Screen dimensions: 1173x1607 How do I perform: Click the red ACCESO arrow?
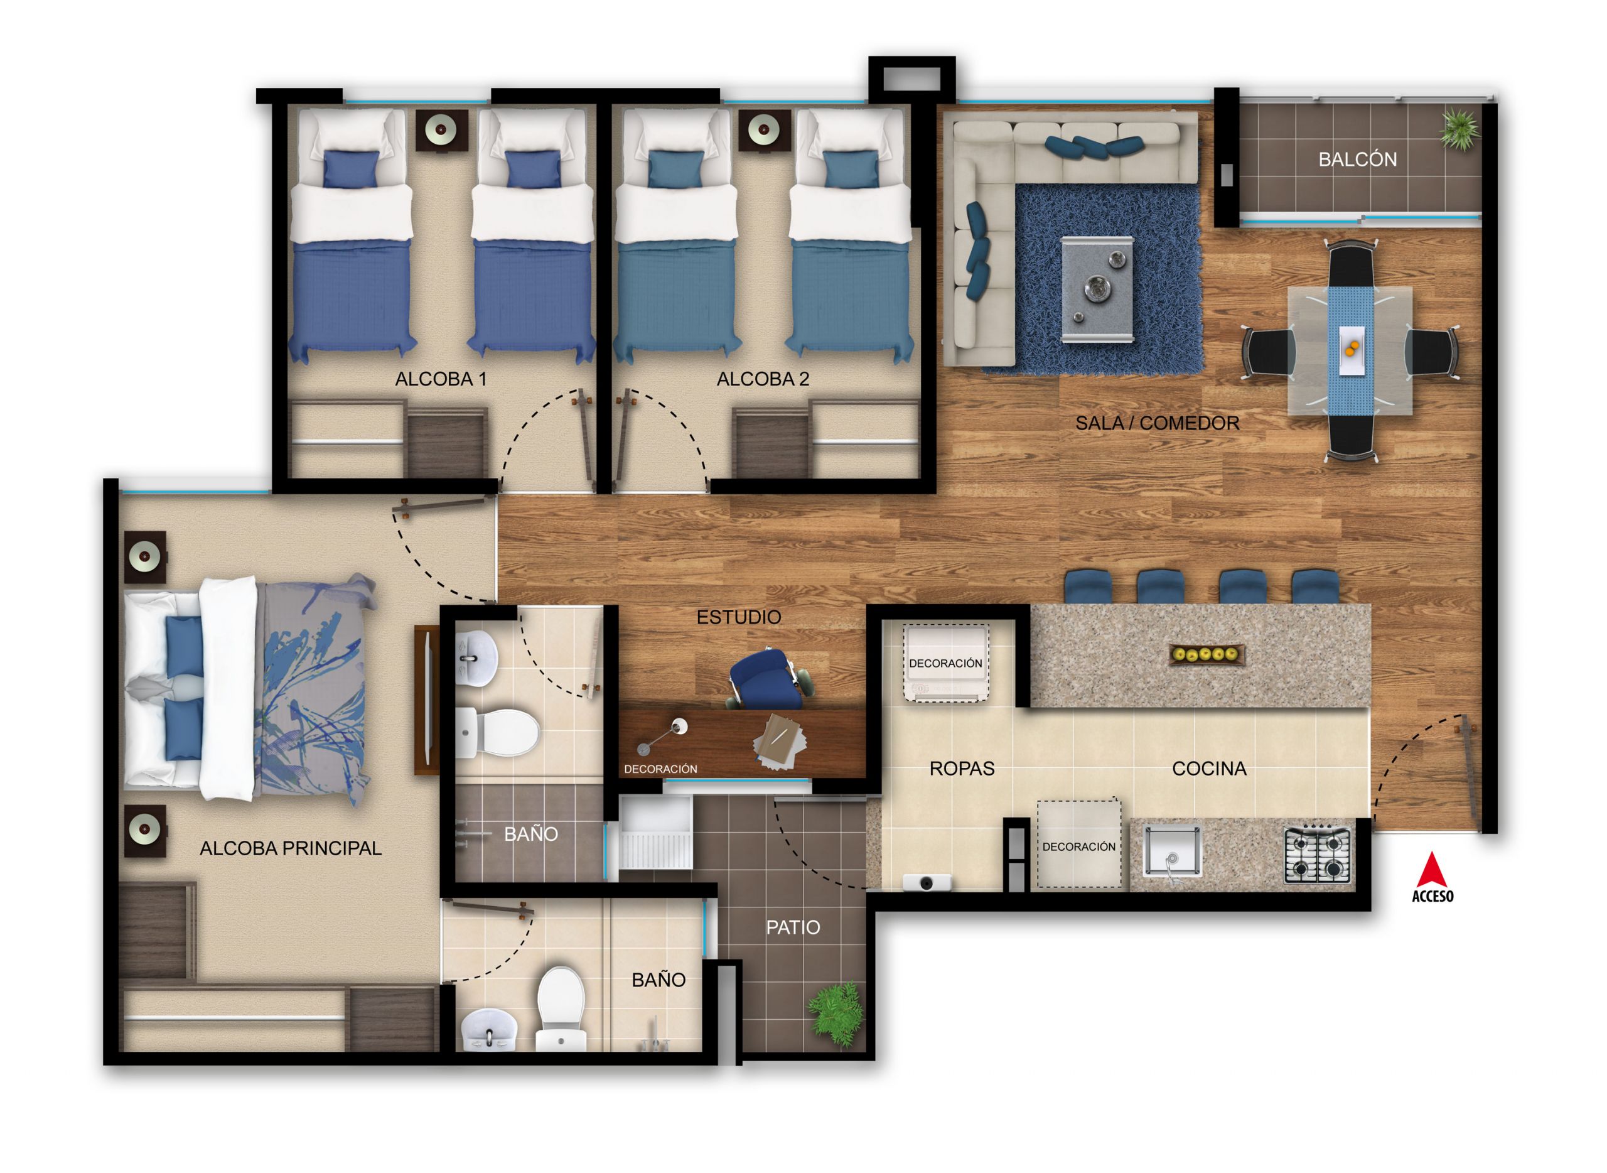(x=1432, y=870)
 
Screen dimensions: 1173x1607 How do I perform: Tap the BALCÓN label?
(x=1357, y=159)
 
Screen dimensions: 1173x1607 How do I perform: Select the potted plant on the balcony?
(x=1459, y=130)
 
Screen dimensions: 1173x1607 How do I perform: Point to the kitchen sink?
(x=1172, y=851)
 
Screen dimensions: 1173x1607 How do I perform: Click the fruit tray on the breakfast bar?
(x=1206, y=654)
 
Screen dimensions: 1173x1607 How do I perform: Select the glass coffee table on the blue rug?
(x=1097, y=289)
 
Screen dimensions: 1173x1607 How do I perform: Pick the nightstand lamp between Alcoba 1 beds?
(x=440, y=130)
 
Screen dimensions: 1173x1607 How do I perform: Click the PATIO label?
(x=793, y=927)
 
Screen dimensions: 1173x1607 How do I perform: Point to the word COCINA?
(x=1209, y=768)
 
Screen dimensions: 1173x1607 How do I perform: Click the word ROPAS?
(x=962, y=768)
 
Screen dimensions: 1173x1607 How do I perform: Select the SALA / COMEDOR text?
(x=1157, y=423)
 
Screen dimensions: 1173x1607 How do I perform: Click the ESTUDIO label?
(x=738, y=617)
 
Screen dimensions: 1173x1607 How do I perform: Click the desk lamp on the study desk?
(x=663, y=734)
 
